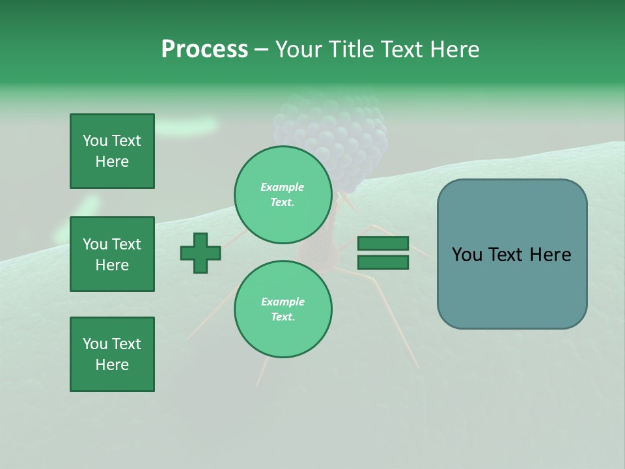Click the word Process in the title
(204, 50)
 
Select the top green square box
(112, 151)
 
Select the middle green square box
(112, 254)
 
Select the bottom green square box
(112, 354)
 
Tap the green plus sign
(201, 253)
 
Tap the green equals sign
(383, 253)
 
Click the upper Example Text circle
(283, 195)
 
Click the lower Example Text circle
(283, 309)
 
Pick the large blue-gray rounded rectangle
(512, 254)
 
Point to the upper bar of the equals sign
(383, 244)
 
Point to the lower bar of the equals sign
(383, 262)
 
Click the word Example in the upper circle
(283, 187)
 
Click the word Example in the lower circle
(283, 302)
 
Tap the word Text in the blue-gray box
(510, 255)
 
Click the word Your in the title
(296, 50)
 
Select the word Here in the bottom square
(112, 365)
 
